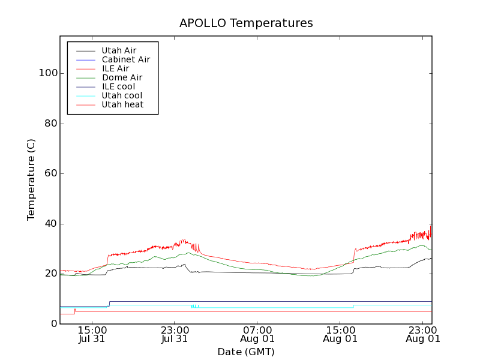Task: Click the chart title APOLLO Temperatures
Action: [246, 23]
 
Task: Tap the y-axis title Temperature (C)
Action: [31, 179]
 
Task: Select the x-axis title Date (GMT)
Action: [246, 352]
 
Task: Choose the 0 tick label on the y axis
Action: [54, 324]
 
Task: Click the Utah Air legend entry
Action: [119, 50]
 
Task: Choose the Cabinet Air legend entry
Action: [125, 59]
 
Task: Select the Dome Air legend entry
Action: [122, 77]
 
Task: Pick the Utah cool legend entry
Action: [122, 95]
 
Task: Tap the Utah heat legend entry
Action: [122, 104]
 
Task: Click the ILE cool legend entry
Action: [118, 86]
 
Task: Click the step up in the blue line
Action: [109, 304]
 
